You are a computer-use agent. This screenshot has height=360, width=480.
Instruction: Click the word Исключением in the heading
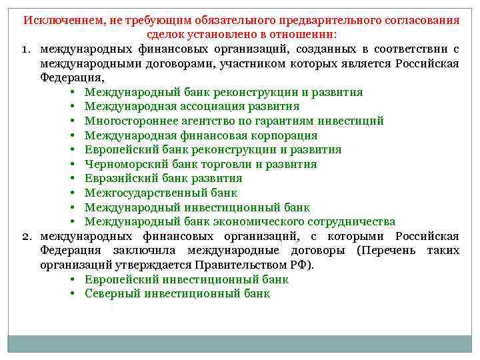pyautogui.click(x=61, y=20)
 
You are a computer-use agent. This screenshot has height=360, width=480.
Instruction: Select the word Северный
pyautogui.click(x=111, y=293)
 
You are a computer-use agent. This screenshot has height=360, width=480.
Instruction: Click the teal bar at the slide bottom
pyautogui.click(x=240, y=343)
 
